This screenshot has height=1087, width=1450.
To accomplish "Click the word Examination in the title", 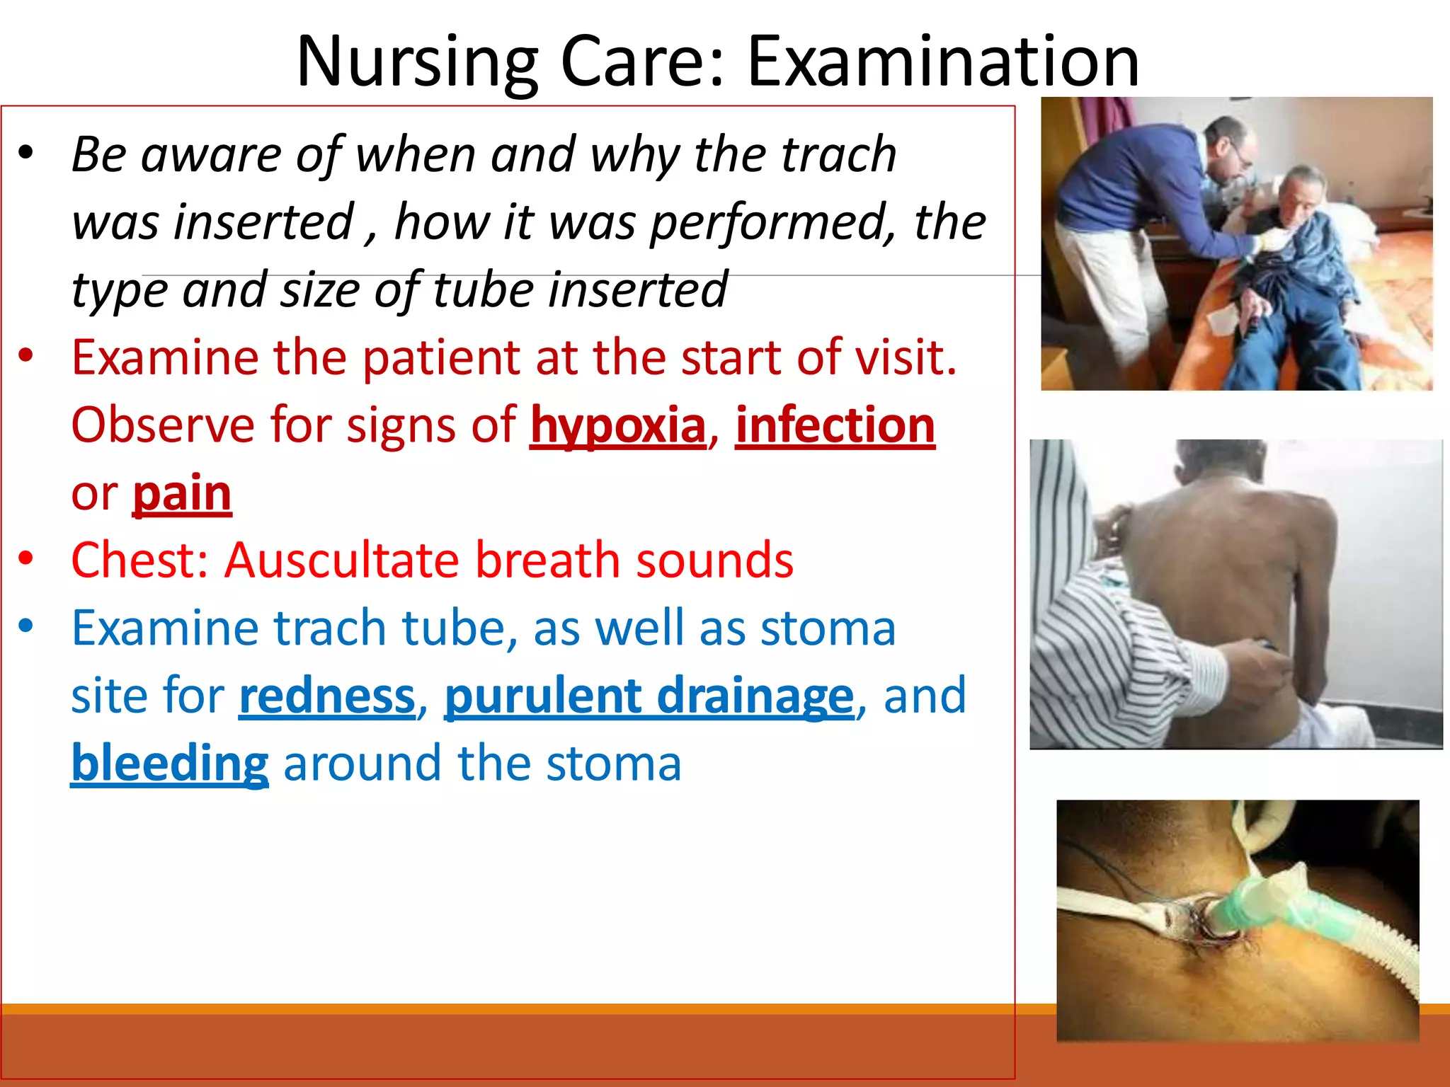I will [943, 62].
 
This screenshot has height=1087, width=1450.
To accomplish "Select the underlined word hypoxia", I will [618, 426].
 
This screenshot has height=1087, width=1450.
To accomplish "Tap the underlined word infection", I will [835, 426].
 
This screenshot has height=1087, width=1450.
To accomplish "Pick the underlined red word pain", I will [182, 493].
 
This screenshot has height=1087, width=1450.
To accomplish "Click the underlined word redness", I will [327, 696].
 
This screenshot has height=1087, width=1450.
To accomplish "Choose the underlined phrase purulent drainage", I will [649, 696].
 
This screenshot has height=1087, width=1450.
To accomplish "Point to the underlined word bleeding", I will [170, 764].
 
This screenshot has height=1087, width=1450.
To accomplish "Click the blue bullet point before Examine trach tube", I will [26, 626].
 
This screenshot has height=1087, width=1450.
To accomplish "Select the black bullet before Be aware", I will [26, 153].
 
